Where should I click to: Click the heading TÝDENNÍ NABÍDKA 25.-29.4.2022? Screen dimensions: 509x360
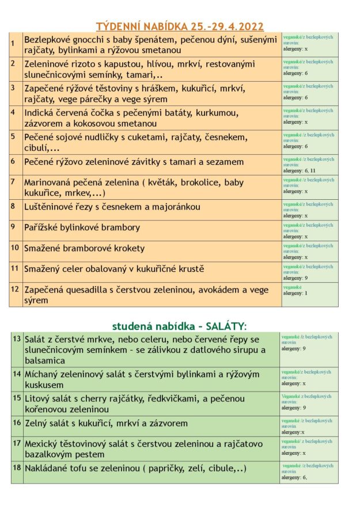180,26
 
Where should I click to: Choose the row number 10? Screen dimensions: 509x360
15,248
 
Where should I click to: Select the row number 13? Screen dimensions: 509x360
16,339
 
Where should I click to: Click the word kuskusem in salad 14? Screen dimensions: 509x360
44,385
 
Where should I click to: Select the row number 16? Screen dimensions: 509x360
16,423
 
